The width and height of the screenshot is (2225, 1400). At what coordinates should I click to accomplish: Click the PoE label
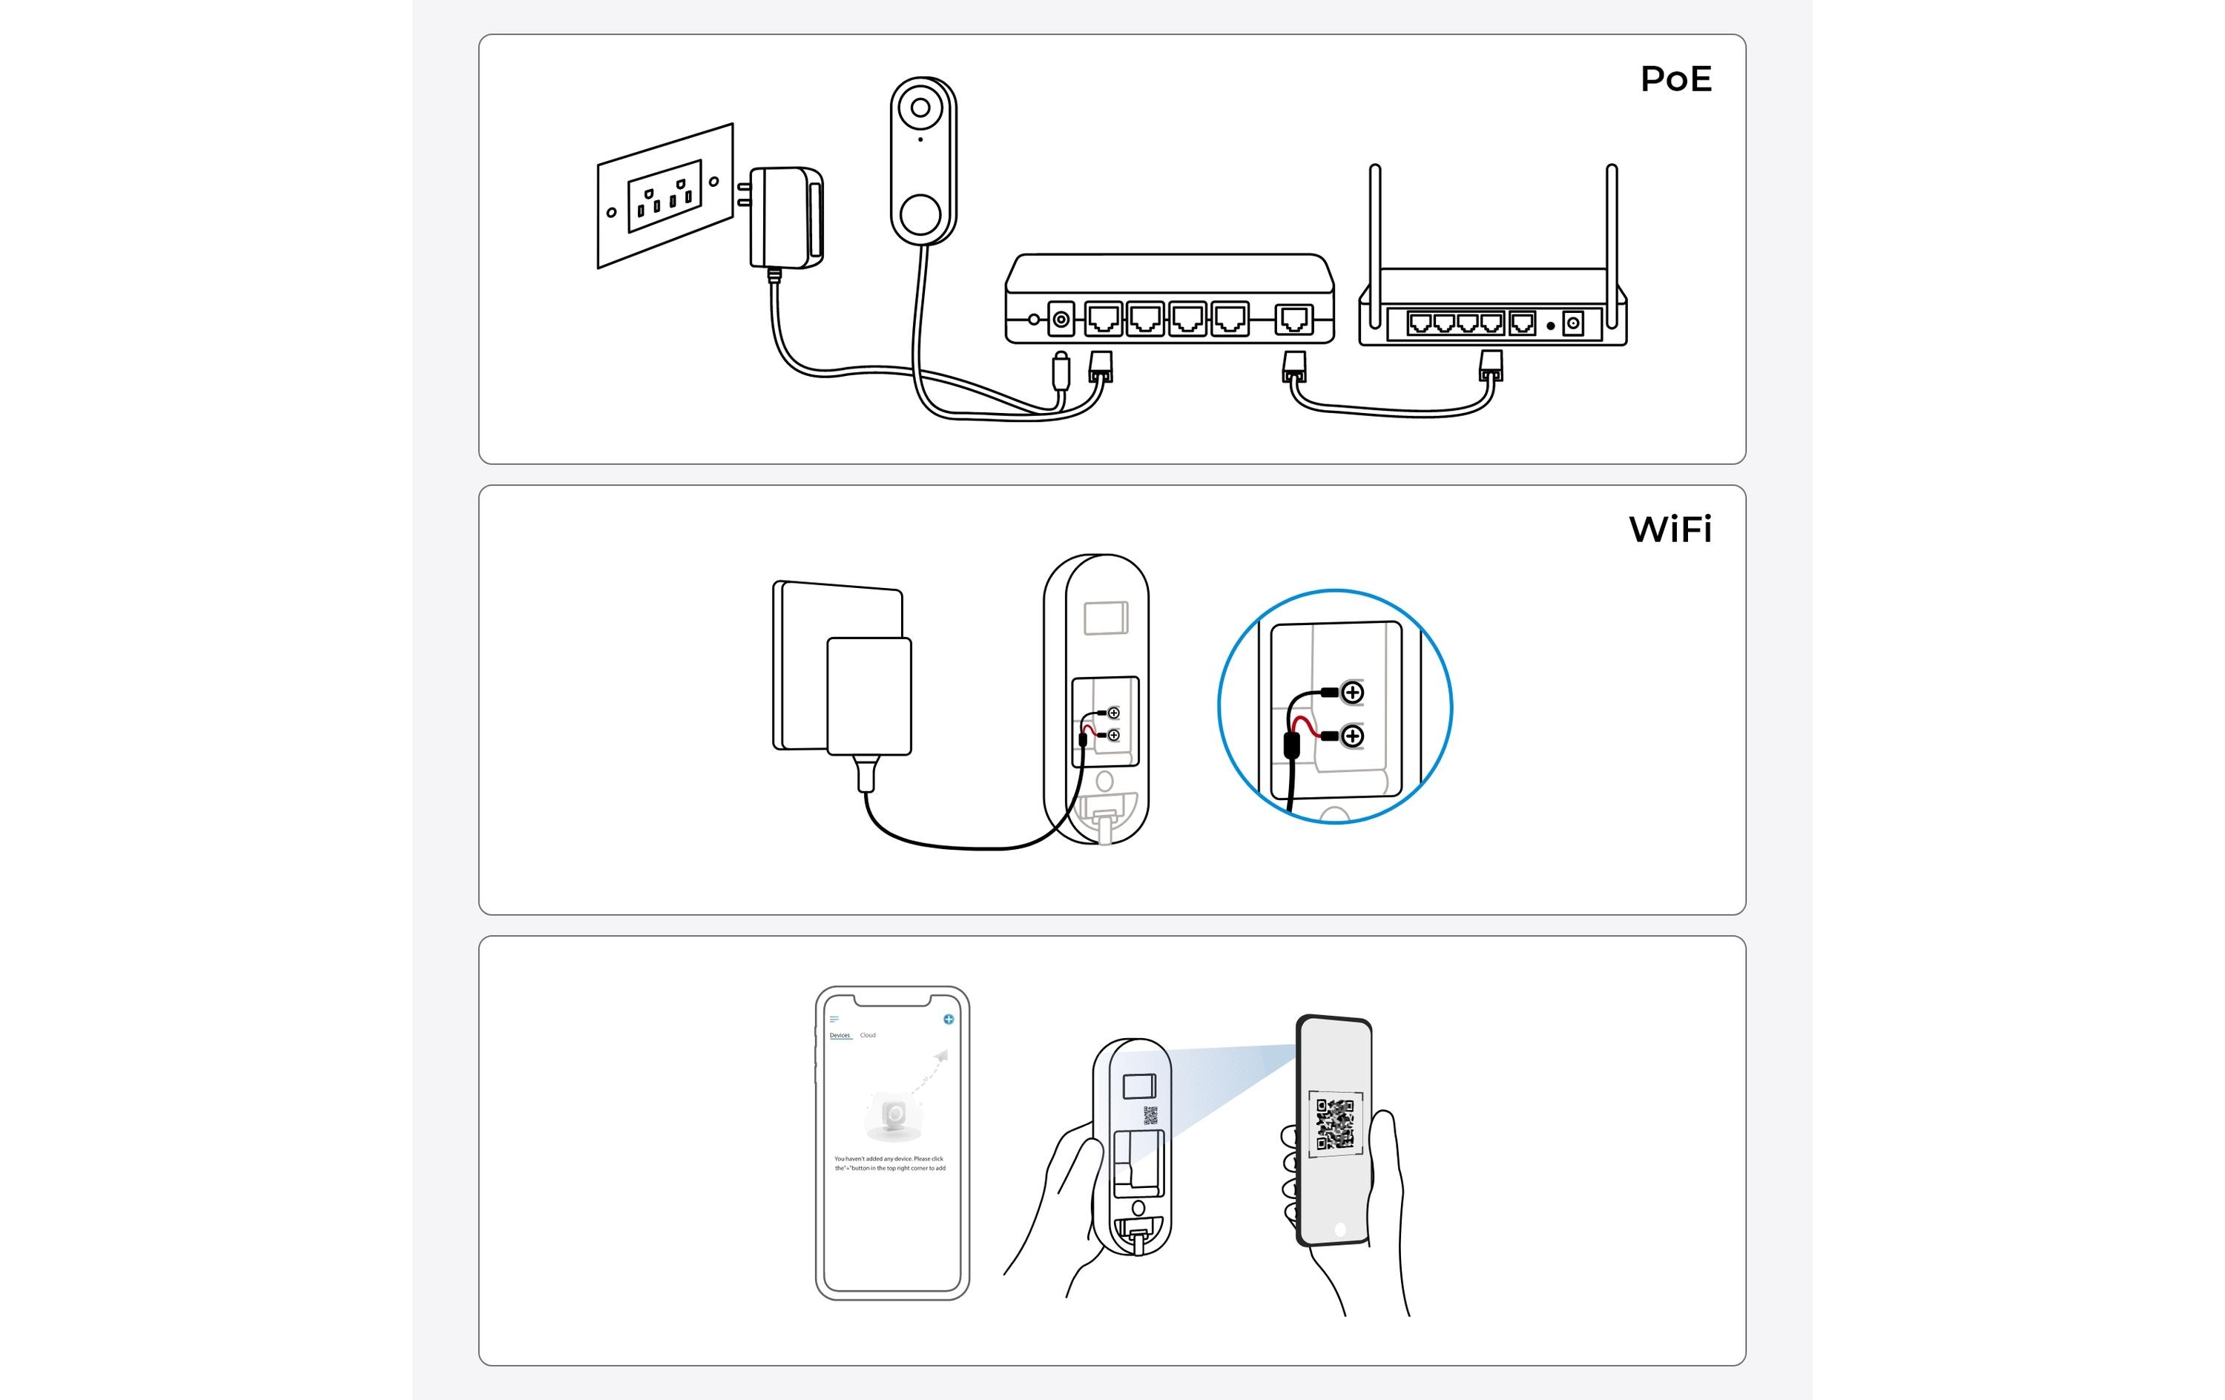[1675, 79]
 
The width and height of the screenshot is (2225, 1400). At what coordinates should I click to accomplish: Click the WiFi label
[1669, 530]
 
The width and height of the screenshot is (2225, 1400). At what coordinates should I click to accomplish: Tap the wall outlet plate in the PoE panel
[665, 196]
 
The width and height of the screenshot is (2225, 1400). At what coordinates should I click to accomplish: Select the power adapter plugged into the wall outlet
[785, 218]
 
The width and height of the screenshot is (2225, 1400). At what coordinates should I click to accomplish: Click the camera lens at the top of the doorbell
[920, 108]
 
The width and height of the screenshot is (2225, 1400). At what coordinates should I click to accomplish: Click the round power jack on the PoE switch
[1061, 320]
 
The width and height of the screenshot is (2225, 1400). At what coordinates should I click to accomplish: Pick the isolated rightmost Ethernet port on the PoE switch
[1293, 320]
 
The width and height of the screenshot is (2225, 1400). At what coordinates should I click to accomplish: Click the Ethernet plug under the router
[1491, 366]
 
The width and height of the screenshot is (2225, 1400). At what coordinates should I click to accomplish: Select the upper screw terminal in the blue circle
[1352, 692]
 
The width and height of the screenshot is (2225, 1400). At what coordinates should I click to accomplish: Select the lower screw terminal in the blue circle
[1352, 736]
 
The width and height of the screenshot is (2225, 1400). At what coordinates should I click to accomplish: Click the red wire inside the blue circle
[1307, 727]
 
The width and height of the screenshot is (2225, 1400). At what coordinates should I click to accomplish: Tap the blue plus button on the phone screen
[948, 1020]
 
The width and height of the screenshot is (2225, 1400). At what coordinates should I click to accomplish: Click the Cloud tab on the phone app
[868, 1035]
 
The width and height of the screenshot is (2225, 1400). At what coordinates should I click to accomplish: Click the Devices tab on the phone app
[839, 1035]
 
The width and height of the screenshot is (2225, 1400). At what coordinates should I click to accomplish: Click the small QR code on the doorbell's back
[1150, 1115]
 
